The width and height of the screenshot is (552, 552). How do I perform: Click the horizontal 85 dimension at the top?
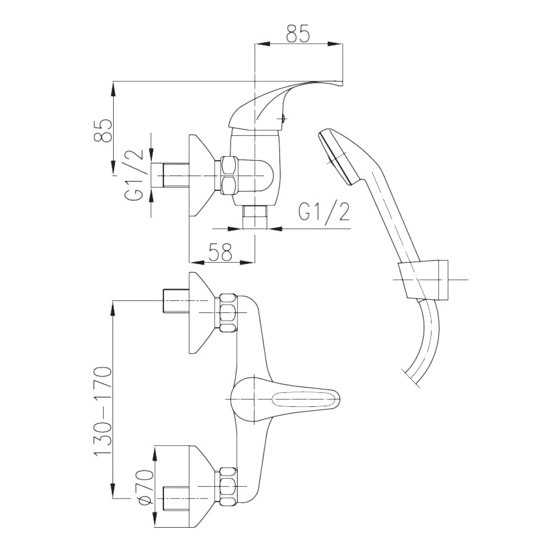(298, 34)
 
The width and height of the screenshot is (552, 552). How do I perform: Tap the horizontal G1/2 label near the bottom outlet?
(324, 212)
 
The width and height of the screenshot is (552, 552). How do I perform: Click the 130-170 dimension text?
(103, 411)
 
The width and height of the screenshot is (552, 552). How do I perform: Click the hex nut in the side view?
(228, 174)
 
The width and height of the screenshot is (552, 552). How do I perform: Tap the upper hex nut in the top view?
(228, 313)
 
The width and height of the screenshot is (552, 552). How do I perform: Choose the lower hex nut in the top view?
(228, 485)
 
